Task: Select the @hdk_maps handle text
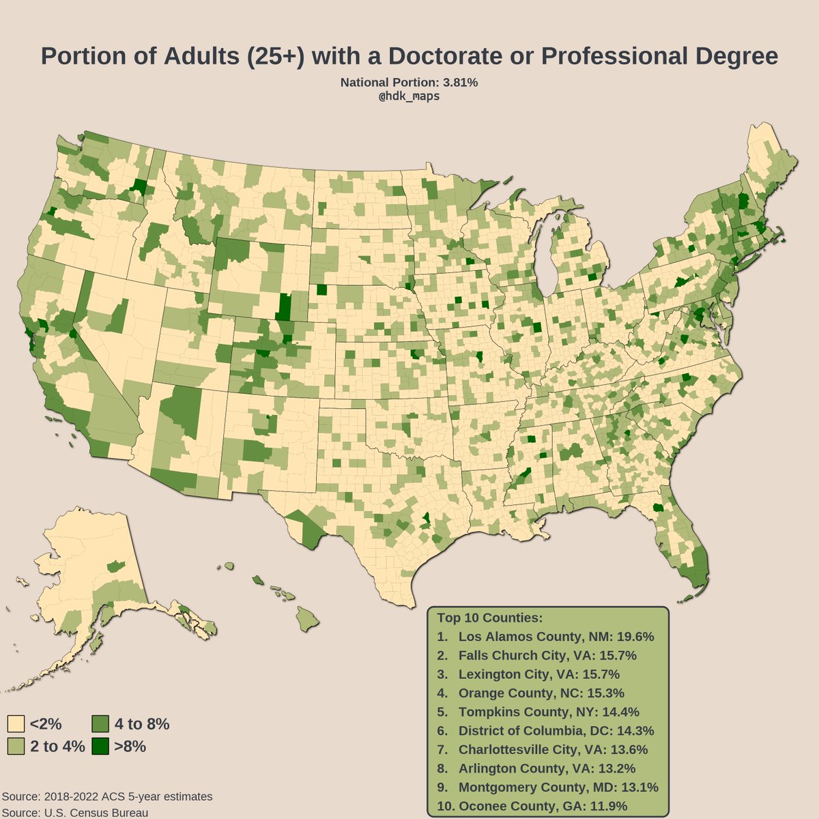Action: (409, 96)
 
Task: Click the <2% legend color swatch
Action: (16, 724)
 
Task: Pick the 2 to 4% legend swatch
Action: (16, 746)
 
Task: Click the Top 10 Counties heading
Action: (489, 618)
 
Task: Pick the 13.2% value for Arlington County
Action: (635, 768)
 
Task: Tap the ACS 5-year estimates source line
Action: (107, 796)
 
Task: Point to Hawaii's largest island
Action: (308, 620)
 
